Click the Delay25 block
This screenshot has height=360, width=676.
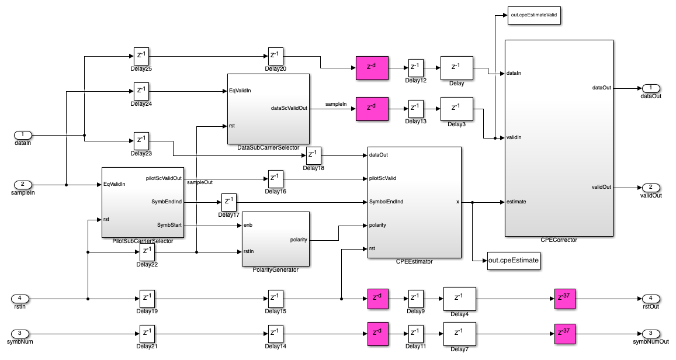coord(141,57)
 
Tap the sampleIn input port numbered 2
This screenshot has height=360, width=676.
coord(23,185)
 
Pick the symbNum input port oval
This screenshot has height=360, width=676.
coord(23,334)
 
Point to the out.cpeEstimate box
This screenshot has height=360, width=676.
coord(514,261)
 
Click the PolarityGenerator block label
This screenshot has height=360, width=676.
coord(275,269)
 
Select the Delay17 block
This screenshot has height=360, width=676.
coord(228,202)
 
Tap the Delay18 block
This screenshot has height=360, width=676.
coord(314,156)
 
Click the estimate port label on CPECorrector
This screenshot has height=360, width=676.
coord(518,202)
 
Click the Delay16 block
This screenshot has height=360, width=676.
coord(275,178)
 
